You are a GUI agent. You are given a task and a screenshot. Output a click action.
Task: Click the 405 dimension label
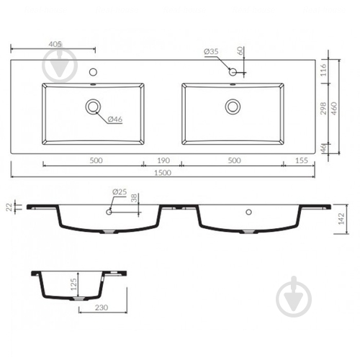click(55, 44)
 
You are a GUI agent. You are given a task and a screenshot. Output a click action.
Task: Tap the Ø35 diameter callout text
click(211, 51)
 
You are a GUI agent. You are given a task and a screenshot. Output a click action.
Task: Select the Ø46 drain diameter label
click(115, 119)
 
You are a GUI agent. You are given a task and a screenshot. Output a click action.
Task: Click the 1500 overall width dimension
click(163, 173)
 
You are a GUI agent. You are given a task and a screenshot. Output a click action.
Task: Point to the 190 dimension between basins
click(163, 161)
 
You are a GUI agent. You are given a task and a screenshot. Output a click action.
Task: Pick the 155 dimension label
click(302, 161)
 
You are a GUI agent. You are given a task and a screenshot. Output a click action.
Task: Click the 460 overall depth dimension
click(334, 109)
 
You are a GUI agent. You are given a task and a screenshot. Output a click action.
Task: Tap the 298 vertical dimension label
click(323, 109)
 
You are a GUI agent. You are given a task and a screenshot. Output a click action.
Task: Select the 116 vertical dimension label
click(323, 70)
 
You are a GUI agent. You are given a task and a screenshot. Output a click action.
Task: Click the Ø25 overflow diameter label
click(120, 192)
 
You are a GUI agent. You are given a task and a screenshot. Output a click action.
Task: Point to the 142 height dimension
click(341, 219)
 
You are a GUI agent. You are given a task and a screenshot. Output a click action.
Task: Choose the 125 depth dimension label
click(73, 284)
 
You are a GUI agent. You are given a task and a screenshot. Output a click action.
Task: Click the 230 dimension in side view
click(102, 307)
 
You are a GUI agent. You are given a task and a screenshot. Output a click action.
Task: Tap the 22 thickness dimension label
click(9, 207)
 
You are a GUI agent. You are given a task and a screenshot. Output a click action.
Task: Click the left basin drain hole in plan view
click(93, 107)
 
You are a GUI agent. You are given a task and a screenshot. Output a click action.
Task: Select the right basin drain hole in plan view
click(233, 107)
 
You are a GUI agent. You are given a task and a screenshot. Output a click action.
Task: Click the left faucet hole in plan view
click(93, 72)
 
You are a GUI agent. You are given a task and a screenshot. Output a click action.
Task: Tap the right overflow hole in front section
click(249, 212)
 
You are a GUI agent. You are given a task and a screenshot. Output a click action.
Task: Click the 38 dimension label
click(134, 198)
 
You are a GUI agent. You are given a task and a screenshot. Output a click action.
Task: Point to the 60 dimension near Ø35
click(240, 51)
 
